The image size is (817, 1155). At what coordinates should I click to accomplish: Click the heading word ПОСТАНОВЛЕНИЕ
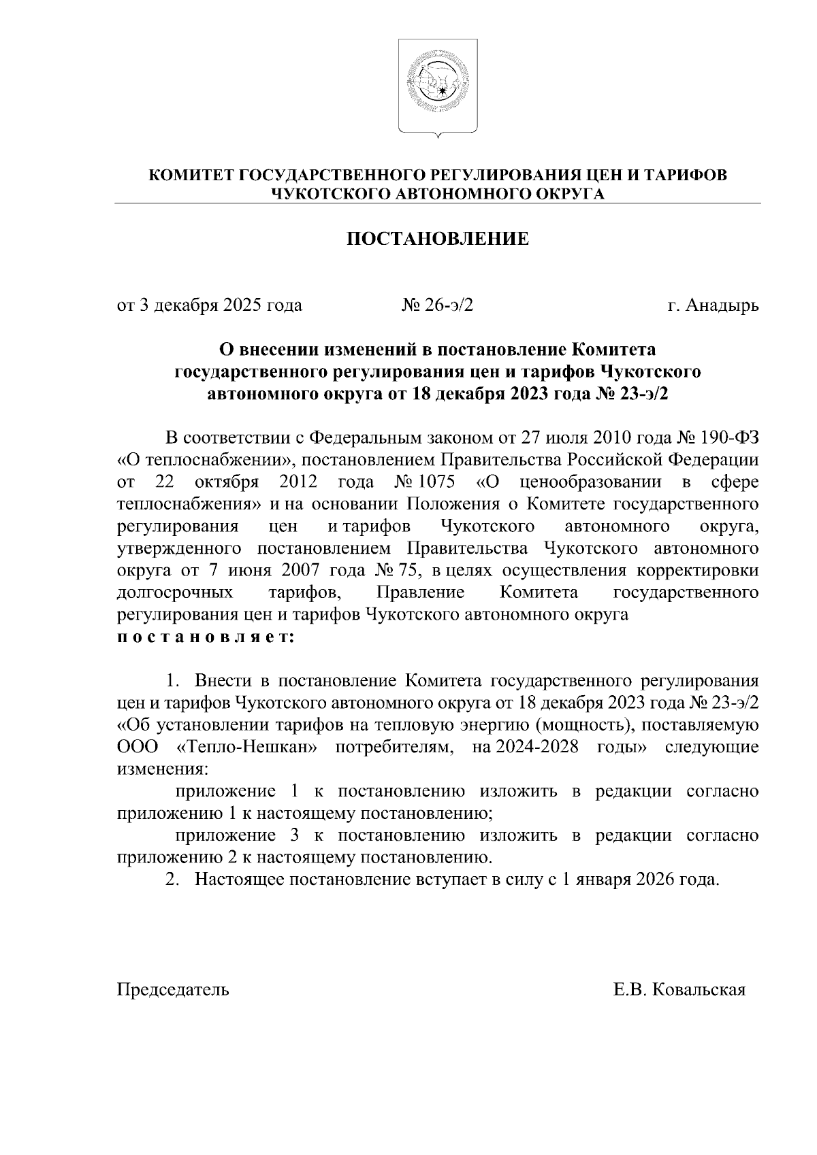point(438,239)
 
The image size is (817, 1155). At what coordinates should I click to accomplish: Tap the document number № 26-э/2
point(438,305)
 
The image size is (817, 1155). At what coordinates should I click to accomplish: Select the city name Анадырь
point(722,305)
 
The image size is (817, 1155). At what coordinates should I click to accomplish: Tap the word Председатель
point(174,990)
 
